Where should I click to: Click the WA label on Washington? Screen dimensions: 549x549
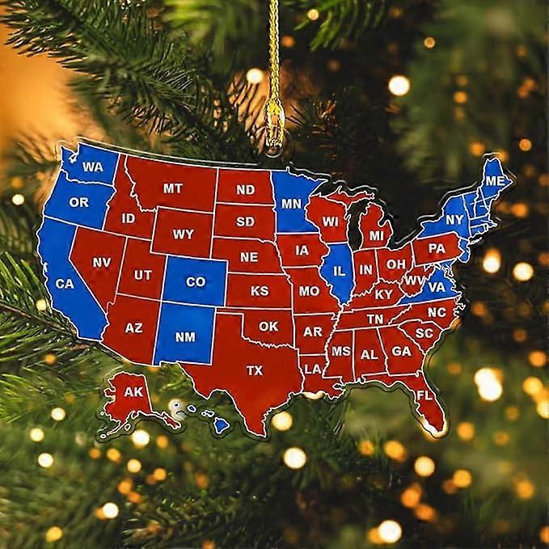click(93, 167)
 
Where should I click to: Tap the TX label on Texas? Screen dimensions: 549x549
click(255, 370)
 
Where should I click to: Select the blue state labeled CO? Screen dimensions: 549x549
click(196, 282)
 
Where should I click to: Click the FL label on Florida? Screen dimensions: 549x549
click(424, 396)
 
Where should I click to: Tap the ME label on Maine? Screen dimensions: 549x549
click(495, 181)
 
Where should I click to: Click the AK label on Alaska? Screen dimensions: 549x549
click(133, 392)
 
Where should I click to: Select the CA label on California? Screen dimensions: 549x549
click(64, 284)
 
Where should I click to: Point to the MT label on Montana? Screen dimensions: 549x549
click(172, 188)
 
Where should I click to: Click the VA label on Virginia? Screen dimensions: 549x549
click(436, 286)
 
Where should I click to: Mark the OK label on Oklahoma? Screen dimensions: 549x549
click(268, 327)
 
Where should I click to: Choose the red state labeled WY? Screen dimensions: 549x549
click(184, 234)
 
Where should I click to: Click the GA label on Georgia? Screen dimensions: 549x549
click(400, 351)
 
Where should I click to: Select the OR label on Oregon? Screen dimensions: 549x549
click(78, 202)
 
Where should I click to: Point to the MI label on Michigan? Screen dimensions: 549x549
click(377, 236)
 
